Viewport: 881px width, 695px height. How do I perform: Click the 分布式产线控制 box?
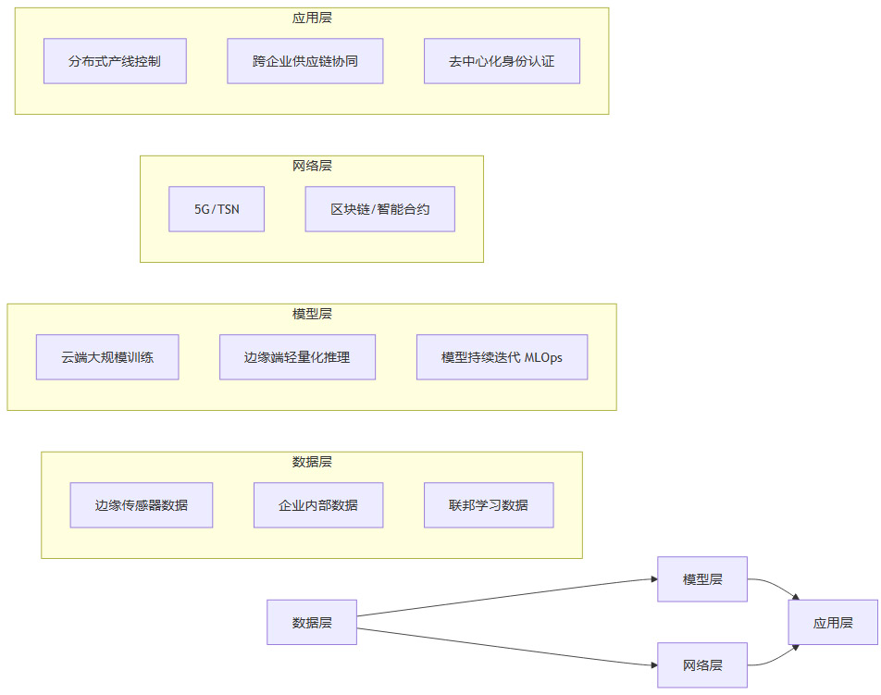pyautogui.click(x=115, y=61)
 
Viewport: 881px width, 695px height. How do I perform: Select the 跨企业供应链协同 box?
pyautogui.click(x=305, y=61)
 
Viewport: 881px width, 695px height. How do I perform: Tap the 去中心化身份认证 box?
pyautogui.click(x=502, y=61)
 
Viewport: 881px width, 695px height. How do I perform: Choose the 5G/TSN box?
pyautogui.click(x=217, y=209)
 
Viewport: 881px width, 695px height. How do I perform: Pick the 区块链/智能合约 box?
pyautogui.click(x=379, y=209)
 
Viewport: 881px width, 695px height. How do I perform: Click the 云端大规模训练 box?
pyautogui.click(x=107, y=357)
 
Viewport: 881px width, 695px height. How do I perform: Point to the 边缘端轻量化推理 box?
pyautogui.click(x=297, y=357)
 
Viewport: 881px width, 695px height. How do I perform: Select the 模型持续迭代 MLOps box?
pyautogui.click(x=502, y=357)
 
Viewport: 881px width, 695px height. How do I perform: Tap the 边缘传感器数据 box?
pyautogui.click(x=142, y=505)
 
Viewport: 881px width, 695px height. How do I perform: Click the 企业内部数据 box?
pyautogui.click(x=318, y=505)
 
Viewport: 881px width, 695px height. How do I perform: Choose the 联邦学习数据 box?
pyautogui.click(x=489, y=505)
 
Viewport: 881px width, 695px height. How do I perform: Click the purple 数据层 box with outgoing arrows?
pyautogui.click(x=312, y=622)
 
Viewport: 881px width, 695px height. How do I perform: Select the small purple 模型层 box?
pyautogui.click(x=702, y=579)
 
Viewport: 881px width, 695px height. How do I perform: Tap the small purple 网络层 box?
pyautogui.click(x=702, y=664)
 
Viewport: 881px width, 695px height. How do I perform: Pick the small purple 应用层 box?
pyautogui.click(x=833, y=622)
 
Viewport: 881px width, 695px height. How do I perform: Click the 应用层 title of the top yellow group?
pyautogui.click(x=312, y=18)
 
